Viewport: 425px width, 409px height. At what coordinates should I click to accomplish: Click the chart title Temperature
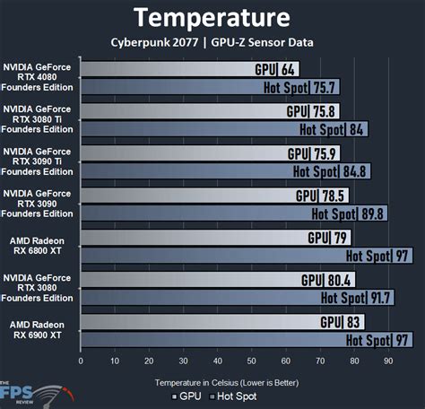click(x=212, y=17)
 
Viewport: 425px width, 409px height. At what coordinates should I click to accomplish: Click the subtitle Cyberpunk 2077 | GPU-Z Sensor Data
click(x=212, y=41)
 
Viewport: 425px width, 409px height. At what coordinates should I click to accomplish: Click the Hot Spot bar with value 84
click(x=224, y=129)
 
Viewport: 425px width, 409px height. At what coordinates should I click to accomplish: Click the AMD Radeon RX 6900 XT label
click(x=39, y=330)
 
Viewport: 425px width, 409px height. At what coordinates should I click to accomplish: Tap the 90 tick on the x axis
click(x=388, y=362)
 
